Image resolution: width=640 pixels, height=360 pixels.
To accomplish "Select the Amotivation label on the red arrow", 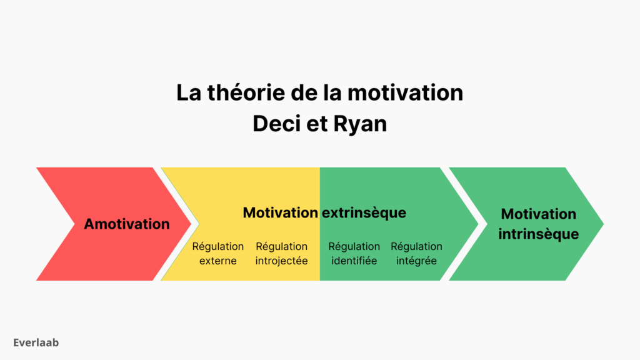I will pos(127,224).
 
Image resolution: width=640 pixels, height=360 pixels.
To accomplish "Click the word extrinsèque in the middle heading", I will pos(364,212).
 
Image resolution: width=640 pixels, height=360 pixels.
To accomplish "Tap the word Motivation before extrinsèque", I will pos(280,212).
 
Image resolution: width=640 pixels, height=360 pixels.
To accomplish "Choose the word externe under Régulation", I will pos(218,261).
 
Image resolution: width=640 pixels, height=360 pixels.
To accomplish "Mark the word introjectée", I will pos(282,261).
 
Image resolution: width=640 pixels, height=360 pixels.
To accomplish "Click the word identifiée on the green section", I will pos(354,261).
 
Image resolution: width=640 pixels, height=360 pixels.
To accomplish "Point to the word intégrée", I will pos(416,261).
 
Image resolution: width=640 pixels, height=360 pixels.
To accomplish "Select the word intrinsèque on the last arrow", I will pos(538,234).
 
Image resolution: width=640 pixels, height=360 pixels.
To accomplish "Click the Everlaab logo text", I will pos(36,342).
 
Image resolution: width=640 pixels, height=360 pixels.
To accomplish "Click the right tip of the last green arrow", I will pos(602,224).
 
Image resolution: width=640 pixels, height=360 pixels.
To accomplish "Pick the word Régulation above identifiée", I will pos(354,246).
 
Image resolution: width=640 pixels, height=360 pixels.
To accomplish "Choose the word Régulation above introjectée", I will pos(282,246).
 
